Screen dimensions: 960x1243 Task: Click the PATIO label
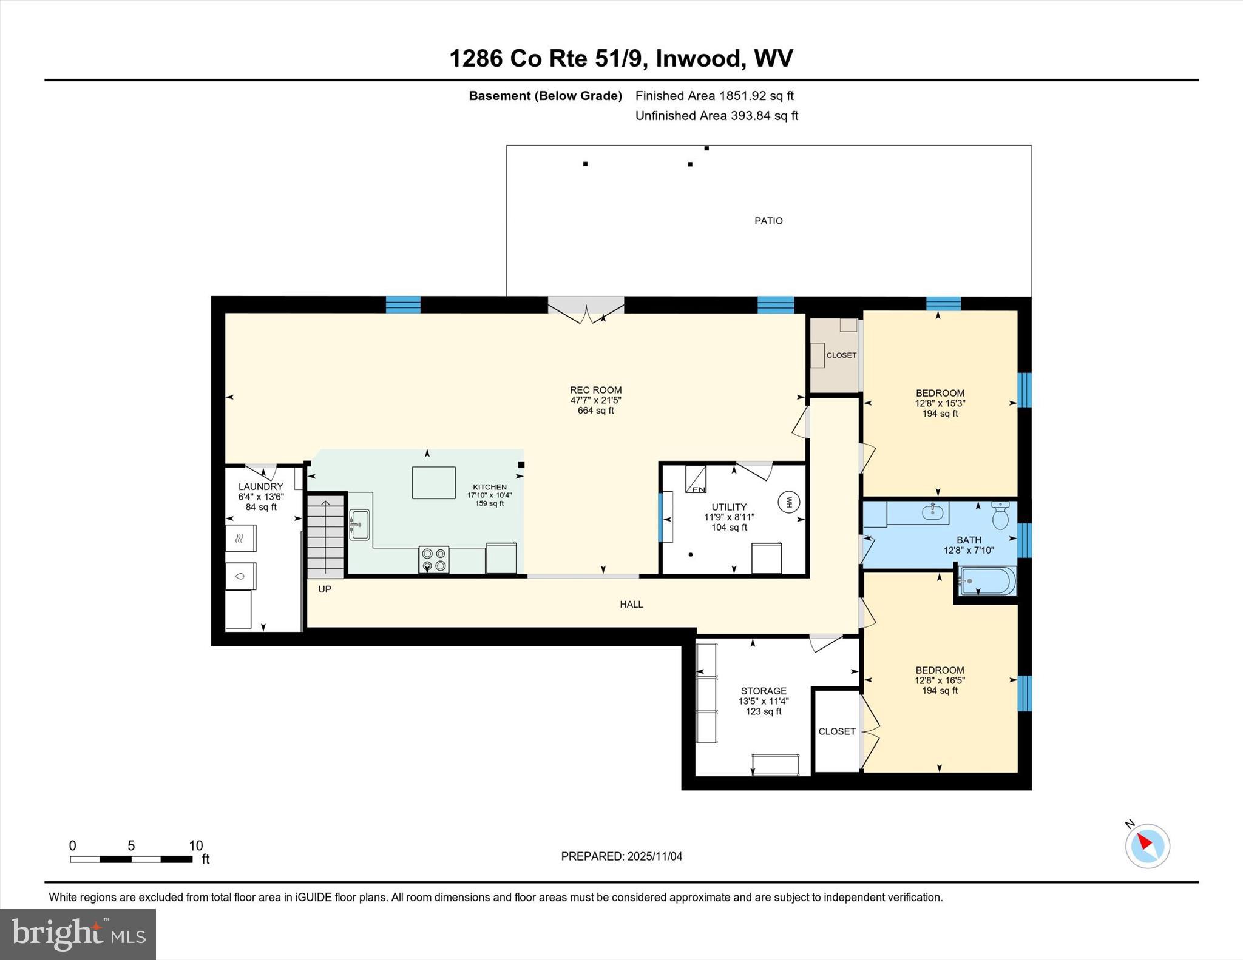pos(768,221)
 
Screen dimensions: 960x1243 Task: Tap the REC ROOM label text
pos(595,390)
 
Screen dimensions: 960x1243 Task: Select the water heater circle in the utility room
pos(789,502)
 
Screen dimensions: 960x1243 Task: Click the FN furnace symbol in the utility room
pos(696,480)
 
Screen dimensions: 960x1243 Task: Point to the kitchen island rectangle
pos(433,483)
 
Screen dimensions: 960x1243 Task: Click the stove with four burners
pos(433,559)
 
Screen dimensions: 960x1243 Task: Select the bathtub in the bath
pos(986,581)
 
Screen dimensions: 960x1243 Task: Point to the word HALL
pos(631,604)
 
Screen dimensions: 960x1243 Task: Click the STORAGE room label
pos(764,691)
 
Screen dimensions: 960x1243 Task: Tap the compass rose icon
pos(1147,847)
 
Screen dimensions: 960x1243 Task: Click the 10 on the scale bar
pos(195,846)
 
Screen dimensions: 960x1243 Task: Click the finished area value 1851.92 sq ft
pos(756,96)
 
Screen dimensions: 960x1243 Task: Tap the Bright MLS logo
pos(78,935)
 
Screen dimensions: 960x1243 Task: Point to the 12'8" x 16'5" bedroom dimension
pos(940,680)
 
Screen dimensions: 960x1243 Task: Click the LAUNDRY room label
pos(260,486)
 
